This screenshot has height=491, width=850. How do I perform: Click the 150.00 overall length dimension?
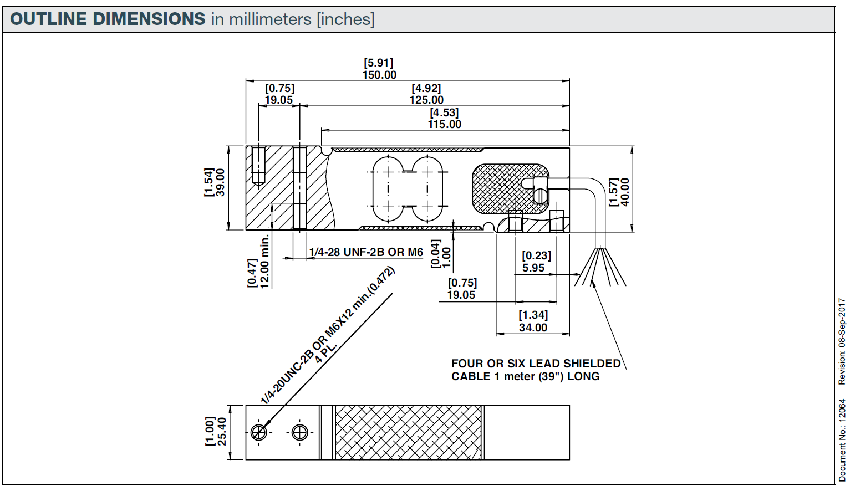pyautogui.click(x=379, y=75)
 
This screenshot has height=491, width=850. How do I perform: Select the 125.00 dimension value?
pyautogui.click(x=426, y=100)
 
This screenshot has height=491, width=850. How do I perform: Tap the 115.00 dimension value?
pyautogui.click(x=444, y=124)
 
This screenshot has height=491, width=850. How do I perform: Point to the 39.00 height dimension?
pyautogui.click(x=220, y=182)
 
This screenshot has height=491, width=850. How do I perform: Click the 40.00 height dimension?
pyautogui.click(x=625, y=192)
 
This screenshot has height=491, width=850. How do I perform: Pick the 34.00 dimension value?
pyautogui.click(x=533, y=328)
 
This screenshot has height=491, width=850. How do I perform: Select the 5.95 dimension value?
pyautogui.click(x=533, y=268)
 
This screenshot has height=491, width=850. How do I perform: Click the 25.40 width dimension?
pyautogui.click(x=221, y=432)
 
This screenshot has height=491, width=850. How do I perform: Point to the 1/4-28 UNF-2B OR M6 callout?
pyautogui.click(x=366, y=252)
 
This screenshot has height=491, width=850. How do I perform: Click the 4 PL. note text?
pyautogui.click(x=325, y=352)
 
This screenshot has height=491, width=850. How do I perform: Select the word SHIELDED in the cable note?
pyautogui.click(x=592, y=364)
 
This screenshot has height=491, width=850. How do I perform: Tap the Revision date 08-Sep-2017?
pyautogui.click(x=842, y=323)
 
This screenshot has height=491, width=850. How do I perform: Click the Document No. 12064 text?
pyautogui.click(x=842, y=439)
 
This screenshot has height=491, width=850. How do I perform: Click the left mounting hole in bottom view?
pyautogui.click(x=259, y=432)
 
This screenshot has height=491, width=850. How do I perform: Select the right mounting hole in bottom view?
pyautogui.click(x=299, y=432)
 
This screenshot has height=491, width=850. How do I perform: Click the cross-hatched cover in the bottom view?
pyautogui.click(x=408, y=432)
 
